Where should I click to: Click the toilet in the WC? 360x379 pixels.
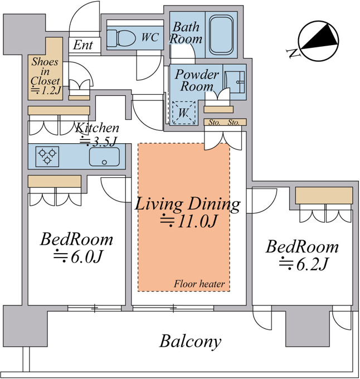(121, 37)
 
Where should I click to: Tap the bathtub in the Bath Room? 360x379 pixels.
(221, 35)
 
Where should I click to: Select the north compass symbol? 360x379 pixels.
(318, 41)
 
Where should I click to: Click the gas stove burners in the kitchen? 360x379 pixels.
(47, 157)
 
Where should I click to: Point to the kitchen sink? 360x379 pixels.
(104, 157)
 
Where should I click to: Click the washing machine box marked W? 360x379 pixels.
(183, 113)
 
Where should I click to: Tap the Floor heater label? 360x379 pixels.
(200, 284)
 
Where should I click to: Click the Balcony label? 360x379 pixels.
(191, 341)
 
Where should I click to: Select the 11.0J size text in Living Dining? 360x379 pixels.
(189, 221)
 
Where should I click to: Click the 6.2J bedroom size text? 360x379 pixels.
(304, 264)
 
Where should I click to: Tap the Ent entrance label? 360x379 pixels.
(83, 45)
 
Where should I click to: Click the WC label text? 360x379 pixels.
(150, 37)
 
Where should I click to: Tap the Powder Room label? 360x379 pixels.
(197, 80)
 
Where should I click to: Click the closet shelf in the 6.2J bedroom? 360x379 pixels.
(324, 196)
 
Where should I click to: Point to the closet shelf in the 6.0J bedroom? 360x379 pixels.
(55, 181)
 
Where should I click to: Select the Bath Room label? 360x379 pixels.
(186, 33)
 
